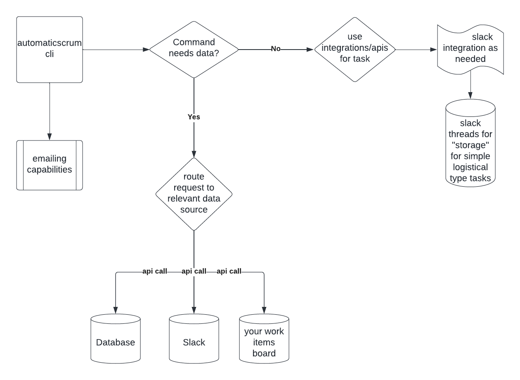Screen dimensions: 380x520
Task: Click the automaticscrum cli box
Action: coord(50,50)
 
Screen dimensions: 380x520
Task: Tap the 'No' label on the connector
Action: coord(276,49)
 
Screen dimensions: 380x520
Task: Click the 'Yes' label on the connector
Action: coord(194,117)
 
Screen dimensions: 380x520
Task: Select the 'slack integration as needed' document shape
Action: coord(470,49)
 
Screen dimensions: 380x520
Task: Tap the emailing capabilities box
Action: coord(50,165)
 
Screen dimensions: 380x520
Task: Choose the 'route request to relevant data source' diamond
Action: coord(194,193)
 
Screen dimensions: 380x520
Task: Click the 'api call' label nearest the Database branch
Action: coord(154,272)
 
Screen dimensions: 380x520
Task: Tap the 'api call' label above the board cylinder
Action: coord(229,272)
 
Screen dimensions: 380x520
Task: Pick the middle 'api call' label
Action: coord(194,272)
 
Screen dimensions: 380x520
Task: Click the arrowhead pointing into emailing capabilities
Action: coord(50,137)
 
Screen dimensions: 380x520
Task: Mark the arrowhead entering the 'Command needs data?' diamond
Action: coord(146,50)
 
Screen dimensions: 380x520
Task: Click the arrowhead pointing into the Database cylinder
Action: coord(116,311)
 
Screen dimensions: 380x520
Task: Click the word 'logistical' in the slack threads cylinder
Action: coord(470,167)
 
